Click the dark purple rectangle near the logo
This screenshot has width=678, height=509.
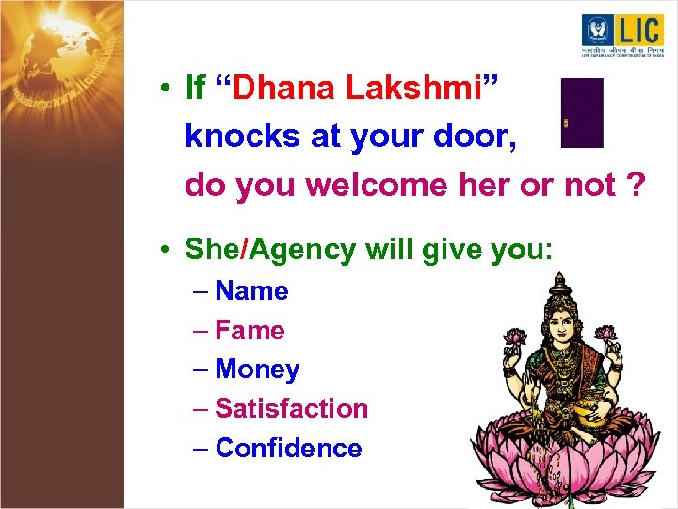point(582,113)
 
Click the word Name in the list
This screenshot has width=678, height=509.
point(251,291)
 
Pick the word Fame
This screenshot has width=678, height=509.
point(250,331)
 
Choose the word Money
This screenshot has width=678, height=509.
point(257,369)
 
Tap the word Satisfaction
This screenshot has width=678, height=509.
point(291,408)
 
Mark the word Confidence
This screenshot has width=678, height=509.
point(288,448)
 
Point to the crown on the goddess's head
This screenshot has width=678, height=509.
point(561,287)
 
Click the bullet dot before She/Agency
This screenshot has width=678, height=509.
point(164,251)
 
